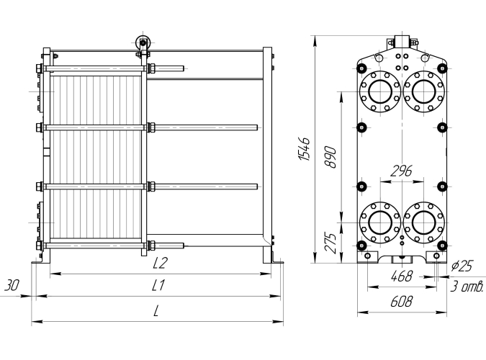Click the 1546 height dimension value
click(305, 149)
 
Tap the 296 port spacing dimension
click(400, 172)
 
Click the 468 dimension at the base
click(401, 276)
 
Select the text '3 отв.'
click(467, 288)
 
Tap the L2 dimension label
click(159, 264)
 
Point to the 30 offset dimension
click(12, 285)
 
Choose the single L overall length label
click(158, 311)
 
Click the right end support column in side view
click(268, 155)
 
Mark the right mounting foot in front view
click(435, 256)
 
